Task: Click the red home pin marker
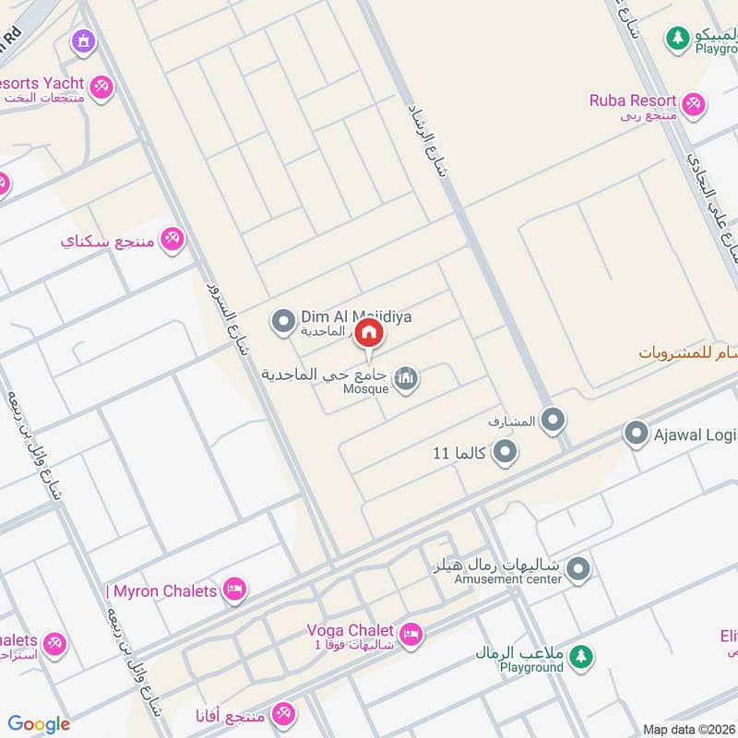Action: [369, 333]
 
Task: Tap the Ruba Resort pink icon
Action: [694, 103]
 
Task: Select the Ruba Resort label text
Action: [633, 100]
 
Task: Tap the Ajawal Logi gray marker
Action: [636, 432]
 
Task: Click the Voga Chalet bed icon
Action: [411, 634]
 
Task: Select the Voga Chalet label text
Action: [351, 630]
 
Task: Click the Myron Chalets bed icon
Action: [235, 589]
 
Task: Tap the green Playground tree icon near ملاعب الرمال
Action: [580, 657]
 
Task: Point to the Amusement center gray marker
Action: [578, 568]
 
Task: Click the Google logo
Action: [39, 724]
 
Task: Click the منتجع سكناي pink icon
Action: [171, 241]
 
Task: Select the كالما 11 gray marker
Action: [504, 453]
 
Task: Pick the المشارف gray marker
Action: [553, 422]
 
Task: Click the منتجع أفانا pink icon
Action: [284, 714]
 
